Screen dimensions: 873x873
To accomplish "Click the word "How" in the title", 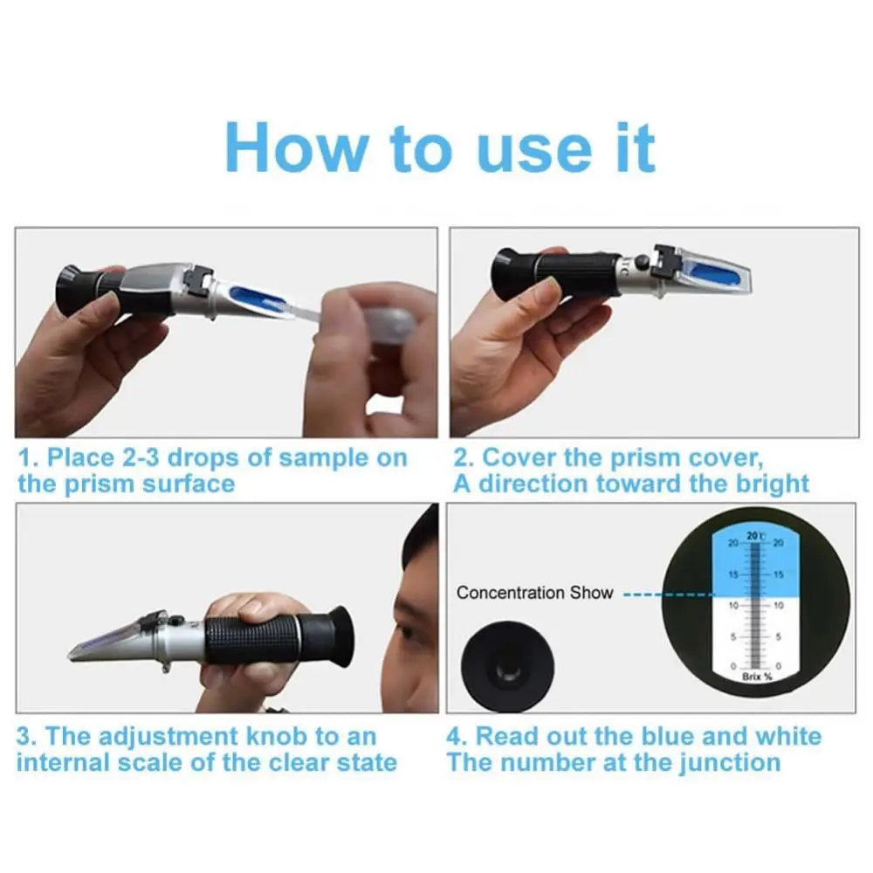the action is click(x=296, y=148).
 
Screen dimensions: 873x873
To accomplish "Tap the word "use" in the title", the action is click(x=534, y=155).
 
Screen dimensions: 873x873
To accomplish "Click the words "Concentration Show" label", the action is click(x=534, y=593).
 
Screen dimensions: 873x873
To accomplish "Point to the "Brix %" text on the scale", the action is click(x=757, y=677).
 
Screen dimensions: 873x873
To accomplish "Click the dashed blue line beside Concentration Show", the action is click(x=668, y=595).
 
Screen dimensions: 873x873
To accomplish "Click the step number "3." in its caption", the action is click(x=27, y=737).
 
